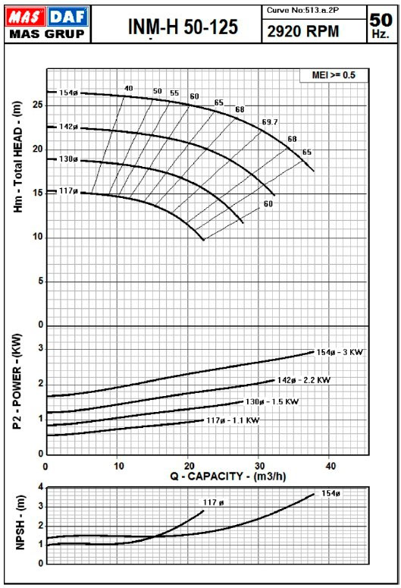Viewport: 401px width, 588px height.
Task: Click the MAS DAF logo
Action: [47, 24]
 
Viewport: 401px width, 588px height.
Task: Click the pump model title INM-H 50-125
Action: [183, 27]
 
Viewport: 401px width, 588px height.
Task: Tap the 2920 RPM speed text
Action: [302, 32]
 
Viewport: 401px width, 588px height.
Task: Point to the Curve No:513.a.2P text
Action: [302, 11]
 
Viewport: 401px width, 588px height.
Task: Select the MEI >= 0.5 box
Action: [334, 75]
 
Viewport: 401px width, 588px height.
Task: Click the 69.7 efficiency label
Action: [270, 122]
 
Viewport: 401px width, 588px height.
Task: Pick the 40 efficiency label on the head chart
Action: [129, 89]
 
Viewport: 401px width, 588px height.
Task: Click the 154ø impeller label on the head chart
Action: [68, 93]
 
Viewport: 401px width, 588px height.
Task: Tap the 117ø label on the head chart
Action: [68, 191]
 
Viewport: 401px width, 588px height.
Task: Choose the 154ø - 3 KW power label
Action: [340, 352]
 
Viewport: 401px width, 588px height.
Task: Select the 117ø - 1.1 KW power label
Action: [233, 420]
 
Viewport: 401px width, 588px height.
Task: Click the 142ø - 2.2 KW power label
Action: [304, 380]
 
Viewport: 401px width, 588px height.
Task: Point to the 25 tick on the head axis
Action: [37, 105]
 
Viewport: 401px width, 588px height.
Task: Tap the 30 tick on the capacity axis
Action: [259, 466]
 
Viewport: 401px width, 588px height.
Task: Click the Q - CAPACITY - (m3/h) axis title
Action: [228, 476]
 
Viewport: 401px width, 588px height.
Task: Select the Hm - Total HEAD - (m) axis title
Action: [18, 157]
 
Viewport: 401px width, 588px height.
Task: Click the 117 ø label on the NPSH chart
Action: [213, 502]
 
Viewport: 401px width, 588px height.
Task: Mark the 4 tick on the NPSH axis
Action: [41, 487]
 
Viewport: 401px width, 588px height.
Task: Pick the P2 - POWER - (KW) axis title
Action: [17, 382]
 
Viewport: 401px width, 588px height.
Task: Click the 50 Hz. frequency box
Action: [381, 25]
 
